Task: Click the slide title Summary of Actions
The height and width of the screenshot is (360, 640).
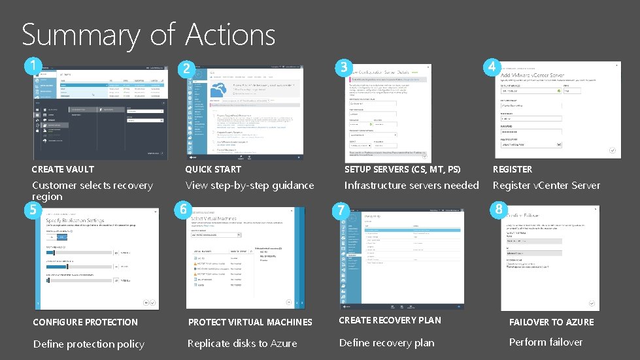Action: tap(148, 35)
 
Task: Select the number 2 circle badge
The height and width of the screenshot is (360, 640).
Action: tap(187, 69)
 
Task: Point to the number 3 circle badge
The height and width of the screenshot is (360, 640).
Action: tap(342, 67)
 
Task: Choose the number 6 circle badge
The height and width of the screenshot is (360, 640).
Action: tap(185, 209)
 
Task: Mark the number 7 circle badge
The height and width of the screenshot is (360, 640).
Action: tap(340, 210)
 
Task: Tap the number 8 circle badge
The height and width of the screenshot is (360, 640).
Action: tap(499, 209)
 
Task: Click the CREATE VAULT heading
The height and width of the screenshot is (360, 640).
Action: tap(63, 169)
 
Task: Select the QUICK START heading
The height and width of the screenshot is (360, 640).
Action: tap(213, 169)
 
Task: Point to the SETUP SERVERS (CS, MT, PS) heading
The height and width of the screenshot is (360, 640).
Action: tap(402, 169)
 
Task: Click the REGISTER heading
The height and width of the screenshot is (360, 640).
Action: tap(513, 169)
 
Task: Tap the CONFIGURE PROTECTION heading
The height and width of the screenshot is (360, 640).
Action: tap(85, 322)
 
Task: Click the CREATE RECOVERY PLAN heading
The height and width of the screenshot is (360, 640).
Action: tap(390, 320)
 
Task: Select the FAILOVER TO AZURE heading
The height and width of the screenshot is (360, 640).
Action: tap(552, 322)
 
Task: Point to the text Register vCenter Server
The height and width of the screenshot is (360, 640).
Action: tap(546, 186)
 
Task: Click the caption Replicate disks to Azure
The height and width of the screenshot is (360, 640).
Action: tap(242, 344)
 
